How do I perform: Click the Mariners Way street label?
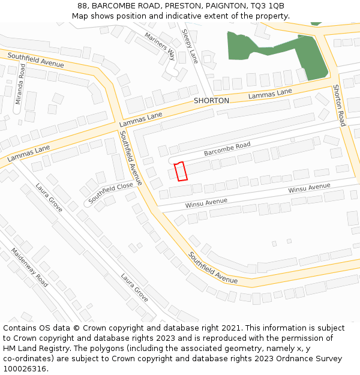tap(160, 46)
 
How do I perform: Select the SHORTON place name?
tap(211, 101)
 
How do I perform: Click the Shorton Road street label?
tap(339, 105)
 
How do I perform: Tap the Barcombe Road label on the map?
tap(227, 149)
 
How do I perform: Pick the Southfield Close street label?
tap(111, 192)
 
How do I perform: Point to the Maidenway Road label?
tap(29, 268)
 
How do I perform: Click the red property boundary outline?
tap(181, 171)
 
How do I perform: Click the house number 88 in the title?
tap(82, 6)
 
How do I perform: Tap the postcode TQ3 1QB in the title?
tap(268, 6)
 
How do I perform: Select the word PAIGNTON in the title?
tap(227, 6)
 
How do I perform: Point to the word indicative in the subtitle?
tap(178, 16)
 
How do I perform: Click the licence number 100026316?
tap(25, 369)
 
